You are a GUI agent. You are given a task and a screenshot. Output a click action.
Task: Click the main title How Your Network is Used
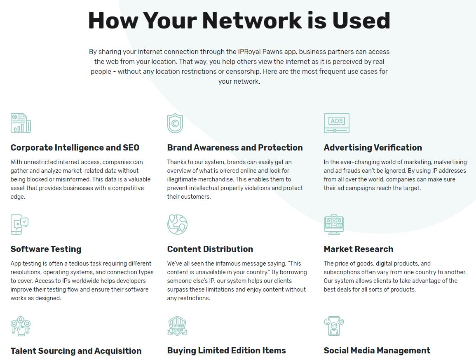[x=239, y=21]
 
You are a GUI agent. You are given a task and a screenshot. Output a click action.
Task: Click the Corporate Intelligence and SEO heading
[x=75, y=148]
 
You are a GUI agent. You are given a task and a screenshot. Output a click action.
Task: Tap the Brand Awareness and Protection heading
[x=235, y=148]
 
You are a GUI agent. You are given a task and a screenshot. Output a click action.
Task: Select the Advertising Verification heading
[x=373, y=148]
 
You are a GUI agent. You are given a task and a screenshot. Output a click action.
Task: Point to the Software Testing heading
[x=46, y=249]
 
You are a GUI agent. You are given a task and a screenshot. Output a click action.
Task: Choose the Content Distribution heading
[x=210, y=249]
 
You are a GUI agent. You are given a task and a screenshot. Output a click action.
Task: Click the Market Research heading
[x=359, y=249]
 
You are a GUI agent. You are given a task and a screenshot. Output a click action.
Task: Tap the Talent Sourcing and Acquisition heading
[x=76, y=351]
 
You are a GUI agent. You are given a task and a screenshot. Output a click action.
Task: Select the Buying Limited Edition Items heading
[x=226, y=351]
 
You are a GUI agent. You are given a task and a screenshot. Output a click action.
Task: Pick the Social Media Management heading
[x=377, y=351]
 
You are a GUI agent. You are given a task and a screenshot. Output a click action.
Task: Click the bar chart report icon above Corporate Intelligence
[x=21, y=123]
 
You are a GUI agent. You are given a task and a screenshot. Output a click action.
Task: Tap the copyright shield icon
[x=175, y=123]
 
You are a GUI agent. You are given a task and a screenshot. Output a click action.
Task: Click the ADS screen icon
[x=337, y=123]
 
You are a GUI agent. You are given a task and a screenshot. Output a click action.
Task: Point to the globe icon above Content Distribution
[x=177, y=224]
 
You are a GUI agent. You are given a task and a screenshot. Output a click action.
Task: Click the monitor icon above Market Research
[x=334, y=224]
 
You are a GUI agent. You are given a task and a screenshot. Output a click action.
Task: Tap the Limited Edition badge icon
[x=177, y=326]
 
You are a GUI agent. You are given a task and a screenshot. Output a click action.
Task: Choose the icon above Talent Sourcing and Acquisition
[x=21, y=326]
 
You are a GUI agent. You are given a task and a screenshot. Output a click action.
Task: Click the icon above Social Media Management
[x=334, y=326]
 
